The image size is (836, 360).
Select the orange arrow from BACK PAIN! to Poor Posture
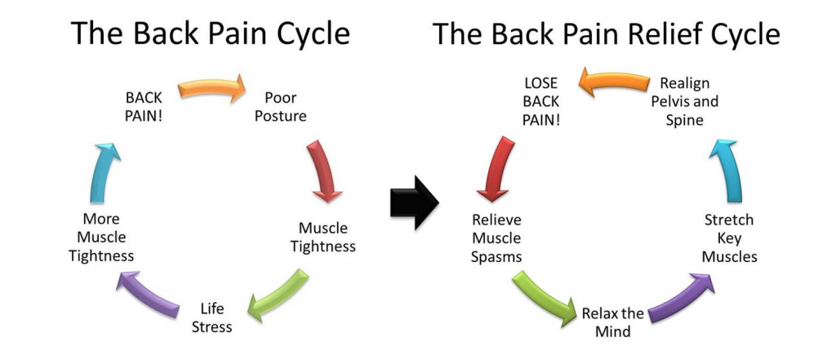click(211, 88)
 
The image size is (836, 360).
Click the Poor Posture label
click(280, 107)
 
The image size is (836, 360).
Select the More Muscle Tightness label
click(102, 238)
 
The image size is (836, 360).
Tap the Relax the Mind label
click(612, 322)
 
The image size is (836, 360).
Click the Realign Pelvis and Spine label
click(683, 102)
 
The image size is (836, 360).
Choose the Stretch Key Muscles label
click(730, 238)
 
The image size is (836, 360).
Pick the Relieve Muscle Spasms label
click(496, 239)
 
